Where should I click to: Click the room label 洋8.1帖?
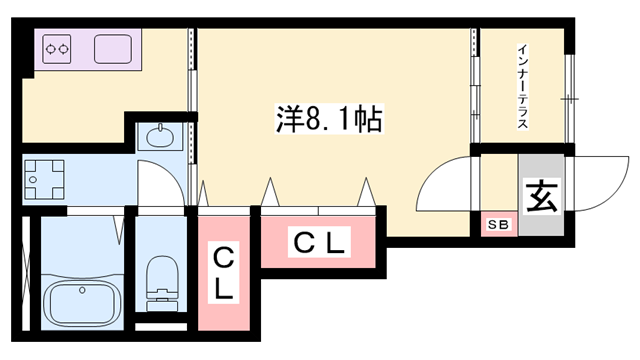[326, 120]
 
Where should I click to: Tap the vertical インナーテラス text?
[522, 87]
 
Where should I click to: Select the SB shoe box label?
[497, 226]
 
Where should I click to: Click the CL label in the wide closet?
[320, 241]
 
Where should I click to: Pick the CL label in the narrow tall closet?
[224, 274]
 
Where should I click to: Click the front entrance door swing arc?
[596, 183]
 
